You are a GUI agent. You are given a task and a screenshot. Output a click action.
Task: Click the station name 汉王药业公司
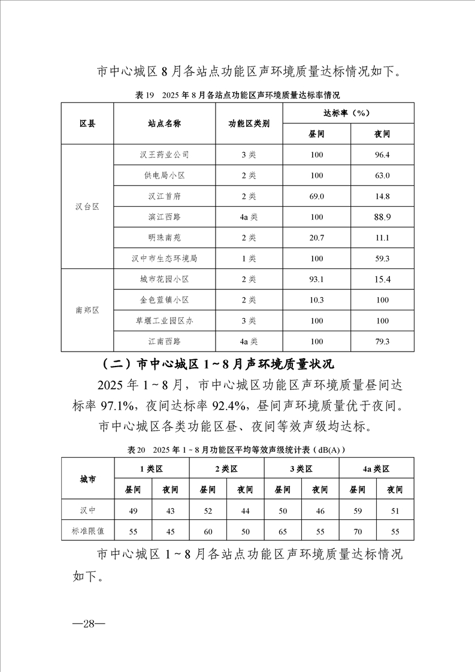coord(165,155)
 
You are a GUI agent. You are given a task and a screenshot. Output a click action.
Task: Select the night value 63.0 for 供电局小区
coord(382,175)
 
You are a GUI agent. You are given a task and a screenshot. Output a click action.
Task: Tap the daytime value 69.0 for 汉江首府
coord(316,196)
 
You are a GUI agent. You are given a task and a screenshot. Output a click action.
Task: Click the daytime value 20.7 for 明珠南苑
coord(316,238)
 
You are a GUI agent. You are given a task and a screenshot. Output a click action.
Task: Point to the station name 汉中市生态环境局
coord(165,259)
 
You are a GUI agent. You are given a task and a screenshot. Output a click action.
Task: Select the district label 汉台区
coord(87,207)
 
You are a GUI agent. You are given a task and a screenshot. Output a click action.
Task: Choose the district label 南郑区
coord(87,311)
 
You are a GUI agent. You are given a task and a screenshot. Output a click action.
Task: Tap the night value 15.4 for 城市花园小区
coord(382,280)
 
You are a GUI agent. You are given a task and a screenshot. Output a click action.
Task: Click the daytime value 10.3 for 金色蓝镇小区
coord(316,300)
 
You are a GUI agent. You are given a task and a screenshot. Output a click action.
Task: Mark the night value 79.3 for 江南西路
coord(382,342)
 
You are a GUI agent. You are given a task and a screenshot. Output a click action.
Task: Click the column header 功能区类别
coord(249,123)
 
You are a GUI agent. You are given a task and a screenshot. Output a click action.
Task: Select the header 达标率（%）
coord(349,113)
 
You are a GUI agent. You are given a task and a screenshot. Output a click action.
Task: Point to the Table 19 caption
coord(238,95)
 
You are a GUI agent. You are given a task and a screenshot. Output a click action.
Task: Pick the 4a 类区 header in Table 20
coord(376,469)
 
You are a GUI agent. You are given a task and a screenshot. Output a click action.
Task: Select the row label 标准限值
coord(87,531)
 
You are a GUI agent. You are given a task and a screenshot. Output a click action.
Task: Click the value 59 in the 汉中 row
coord(357,510)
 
